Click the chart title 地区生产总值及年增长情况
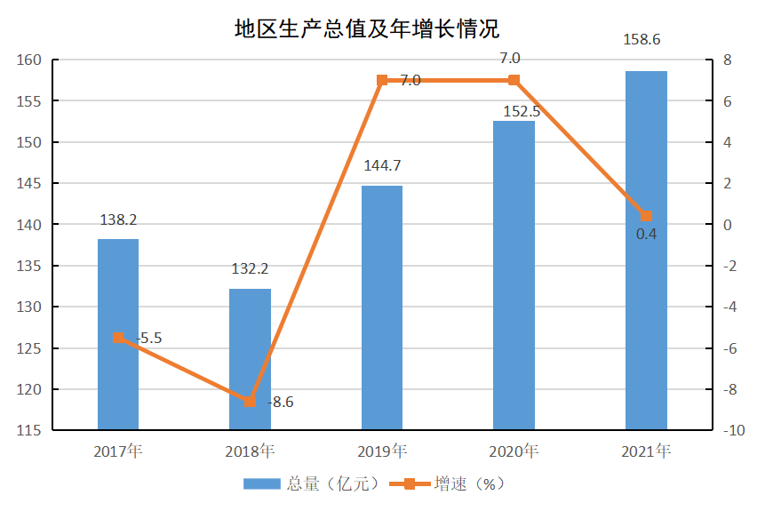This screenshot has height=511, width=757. (x=366, y=28)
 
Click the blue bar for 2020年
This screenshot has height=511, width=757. (x=514, y=275)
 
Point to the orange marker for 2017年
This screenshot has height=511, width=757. (x=118, y=338)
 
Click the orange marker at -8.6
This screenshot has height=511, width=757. (x=250, y=402)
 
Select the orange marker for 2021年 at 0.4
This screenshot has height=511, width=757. (x=646, y=217)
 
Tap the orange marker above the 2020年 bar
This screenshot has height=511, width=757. (x=514, y=80)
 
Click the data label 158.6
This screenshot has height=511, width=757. (x=646, y=40)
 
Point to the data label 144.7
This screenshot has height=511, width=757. (x=382, y=165)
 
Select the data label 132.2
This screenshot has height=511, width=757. (x=250, y=268)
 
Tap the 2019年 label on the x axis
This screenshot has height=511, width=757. (x=382, y=451)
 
